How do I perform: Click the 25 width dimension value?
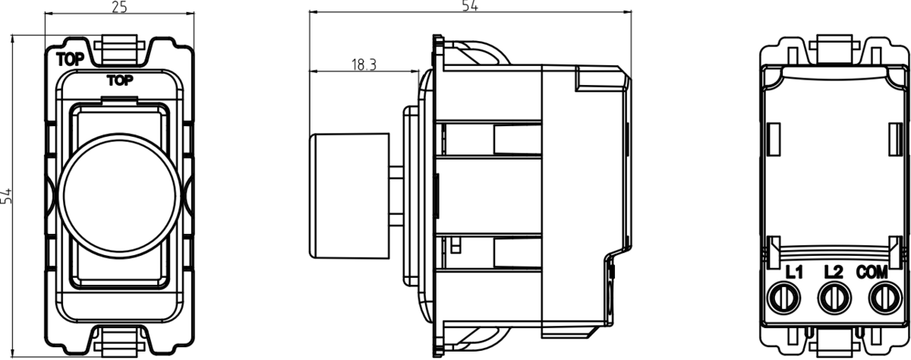click(x=118, y=8)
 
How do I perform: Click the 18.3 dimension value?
click(x=364, y=65)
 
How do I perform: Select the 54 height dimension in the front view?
click(x=8, y=196)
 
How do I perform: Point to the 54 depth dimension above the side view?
click(x=470, y=6)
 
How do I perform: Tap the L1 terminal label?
click(x=794, y=271)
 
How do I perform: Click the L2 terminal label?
click(x=833, y=271)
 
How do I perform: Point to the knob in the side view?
click(x=345, y=194)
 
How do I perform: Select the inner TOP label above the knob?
click(x=119, y=80)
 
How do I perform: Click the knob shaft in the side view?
click(x=395, y=194)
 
